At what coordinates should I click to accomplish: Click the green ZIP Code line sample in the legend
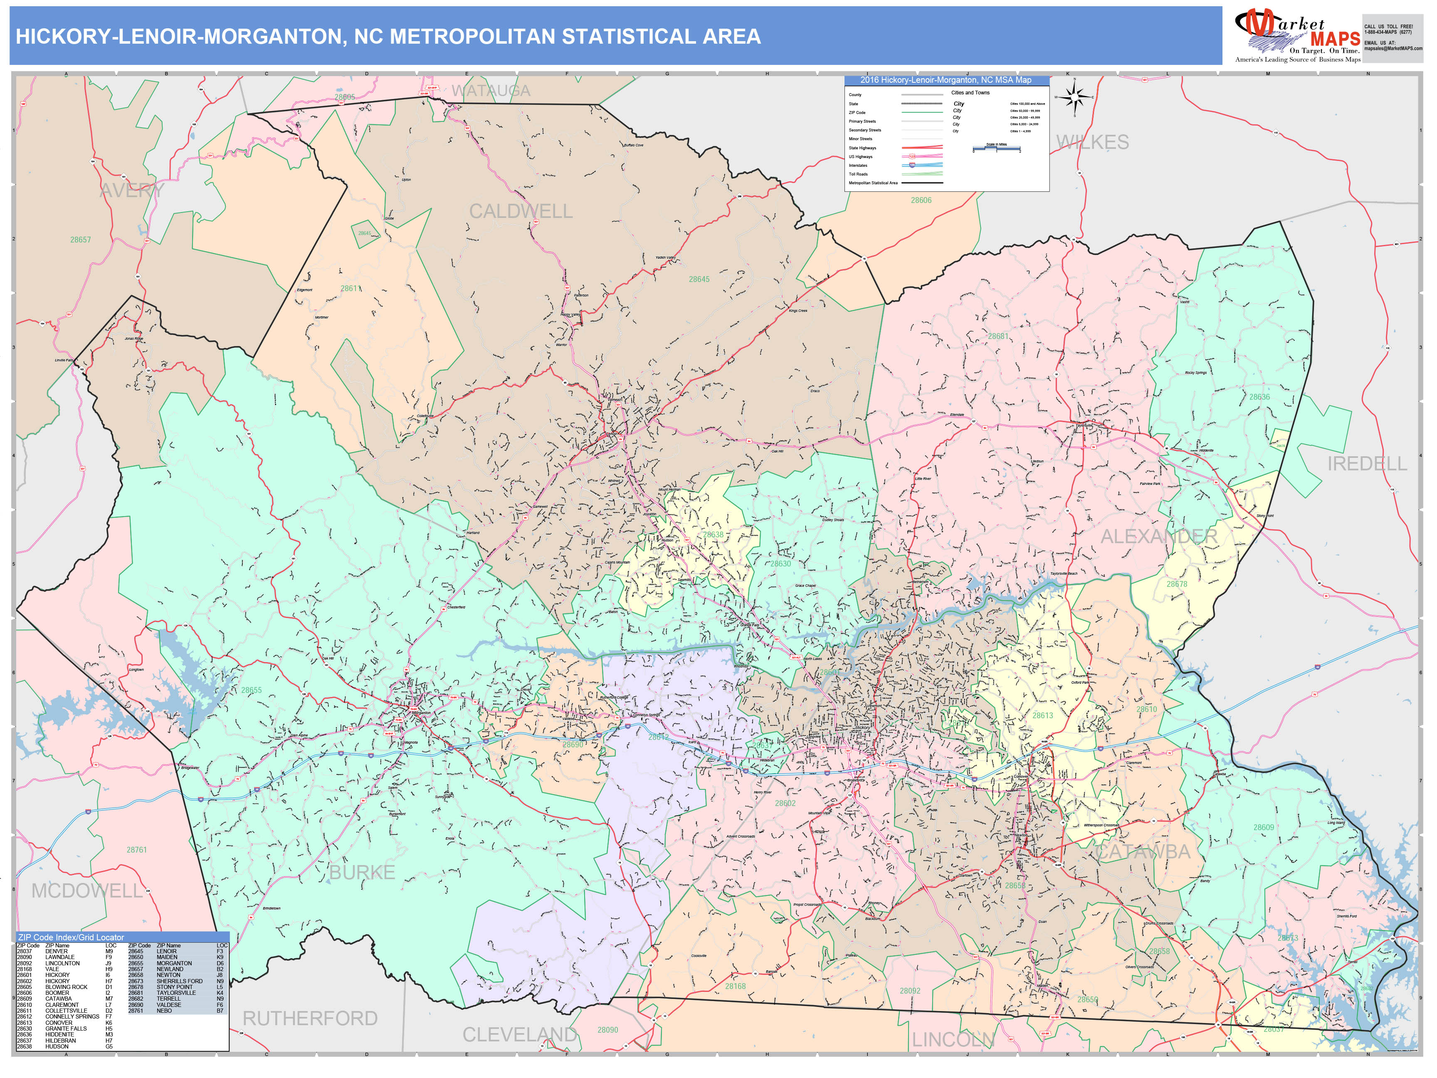click(921, 112)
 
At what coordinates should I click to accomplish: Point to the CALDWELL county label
click(520, 211)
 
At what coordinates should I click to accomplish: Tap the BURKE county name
click(362, 872)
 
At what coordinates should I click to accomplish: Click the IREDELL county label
click(1366, 463)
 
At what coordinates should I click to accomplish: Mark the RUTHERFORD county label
click(310, 1018)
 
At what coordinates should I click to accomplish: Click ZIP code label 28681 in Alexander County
click(998, 336)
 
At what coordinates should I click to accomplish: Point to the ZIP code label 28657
click(81, 240)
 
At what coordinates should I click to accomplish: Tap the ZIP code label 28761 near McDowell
click(136, 849)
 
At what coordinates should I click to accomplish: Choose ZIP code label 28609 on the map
click(1263, 827)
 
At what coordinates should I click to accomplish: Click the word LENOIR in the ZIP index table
click(166, 951)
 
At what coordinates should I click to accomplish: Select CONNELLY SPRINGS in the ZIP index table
click(72, 1016)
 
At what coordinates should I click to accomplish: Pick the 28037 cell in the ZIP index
click(24, 951)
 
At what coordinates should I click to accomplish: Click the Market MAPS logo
click(1297, 36)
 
